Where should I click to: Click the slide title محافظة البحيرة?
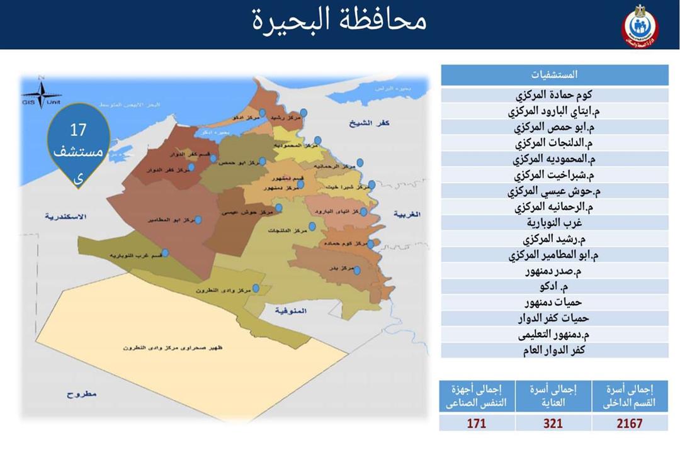click(340, 20)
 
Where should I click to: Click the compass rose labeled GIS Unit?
click(41, 95)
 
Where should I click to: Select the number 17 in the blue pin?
click(78, 131)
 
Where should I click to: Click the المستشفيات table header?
click(554, 75)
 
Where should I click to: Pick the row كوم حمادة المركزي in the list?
click(554, 96)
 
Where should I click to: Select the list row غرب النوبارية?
click(554, 223)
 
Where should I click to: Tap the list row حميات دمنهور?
click(554, 303)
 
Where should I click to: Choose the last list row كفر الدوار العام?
click(554, 350)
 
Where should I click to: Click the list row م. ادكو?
click(554, 287)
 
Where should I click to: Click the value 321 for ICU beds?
click(553, 423)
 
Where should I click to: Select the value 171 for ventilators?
click(477, 423)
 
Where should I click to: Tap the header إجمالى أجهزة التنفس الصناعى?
click(477, 396)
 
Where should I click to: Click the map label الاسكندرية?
click(64, 216)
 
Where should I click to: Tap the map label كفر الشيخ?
click(370, 124)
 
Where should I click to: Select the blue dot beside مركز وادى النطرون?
click(256, 289)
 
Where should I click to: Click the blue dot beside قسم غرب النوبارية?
click(165, 253)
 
